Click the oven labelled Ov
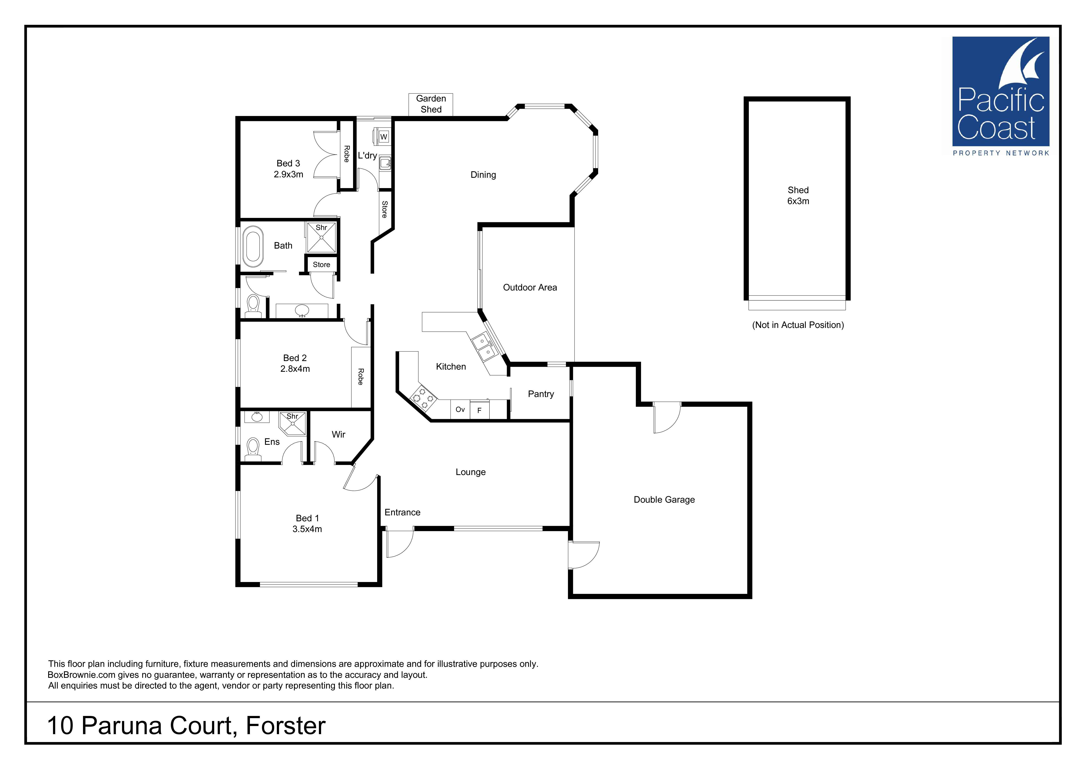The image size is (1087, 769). coord(460,409)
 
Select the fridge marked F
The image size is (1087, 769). coord(479,410)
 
